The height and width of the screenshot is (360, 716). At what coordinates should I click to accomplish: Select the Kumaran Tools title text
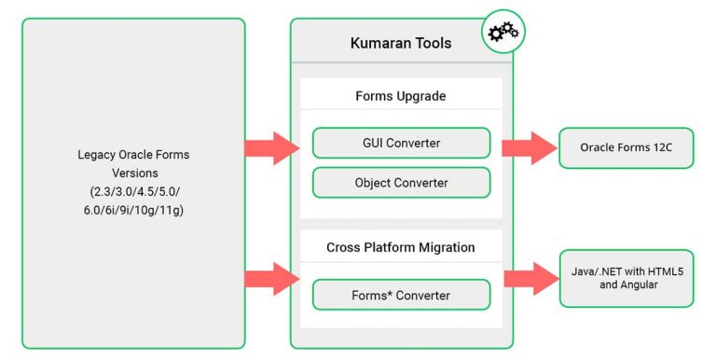400,43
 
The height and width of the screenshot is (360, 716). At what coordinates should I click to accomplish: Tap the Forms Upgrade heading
400,95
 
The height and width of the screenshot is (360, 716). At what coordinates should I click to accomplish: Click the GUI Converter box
401,143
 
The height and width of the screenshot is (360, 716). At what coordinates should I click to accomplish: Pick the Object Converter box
401,183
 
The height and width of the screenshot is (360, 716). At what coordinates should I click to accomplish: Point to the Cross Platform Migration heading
401,247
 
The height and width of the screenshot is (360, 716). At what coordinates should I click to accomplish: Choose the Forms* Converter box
401,296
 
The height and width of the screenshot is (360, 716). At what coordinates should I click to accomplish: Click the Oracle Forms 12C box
626,148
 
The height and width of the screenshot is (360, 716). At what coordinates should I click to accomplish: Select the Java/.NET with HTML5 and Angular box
626,278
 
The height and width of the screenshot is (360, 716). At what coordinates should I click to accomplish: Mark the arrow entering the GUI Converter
272,148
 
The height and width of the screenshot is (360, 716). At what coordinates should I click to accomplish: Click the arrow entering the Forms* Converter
272,278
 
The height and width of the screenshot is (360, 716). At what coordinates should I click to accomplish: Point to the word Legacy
99,154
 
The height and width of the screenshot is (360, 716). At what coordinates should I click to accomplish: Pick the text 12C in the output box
659,148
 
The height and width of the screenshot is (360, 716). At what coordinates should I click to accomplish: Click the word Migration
444,247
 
